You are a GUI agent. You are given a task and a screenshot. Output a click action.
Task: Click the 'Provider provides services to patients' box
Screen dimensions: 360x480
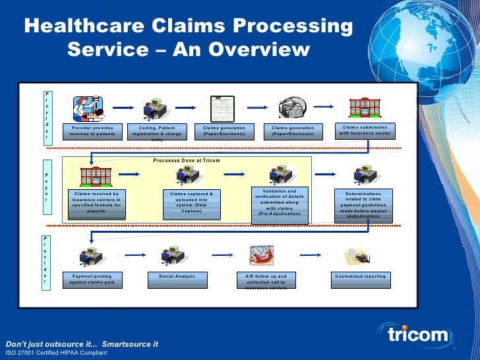[92, 131]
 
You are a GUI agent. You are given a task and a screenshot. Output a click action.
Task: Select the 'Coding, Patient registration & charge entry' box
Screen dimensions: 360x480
[157, 131]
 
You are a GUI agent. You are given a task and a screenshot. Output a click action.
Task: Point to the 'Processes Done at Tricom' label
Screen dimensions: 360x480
[187, 160]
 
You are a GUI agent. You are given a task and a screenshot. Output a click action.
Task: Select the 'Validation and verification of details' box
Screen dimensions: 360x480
[278, 202]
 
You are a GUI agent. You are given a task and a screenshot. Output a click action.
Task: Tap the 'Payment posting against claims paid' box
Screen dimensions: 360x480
[92, 279]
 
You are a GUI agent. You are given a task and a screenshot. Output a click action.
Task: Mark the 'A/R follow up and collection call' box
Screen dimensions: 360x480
[266, 280]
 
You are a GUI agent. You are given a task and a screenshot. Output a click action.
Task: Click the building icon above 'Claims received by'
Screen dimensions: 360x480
[95, 176]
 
